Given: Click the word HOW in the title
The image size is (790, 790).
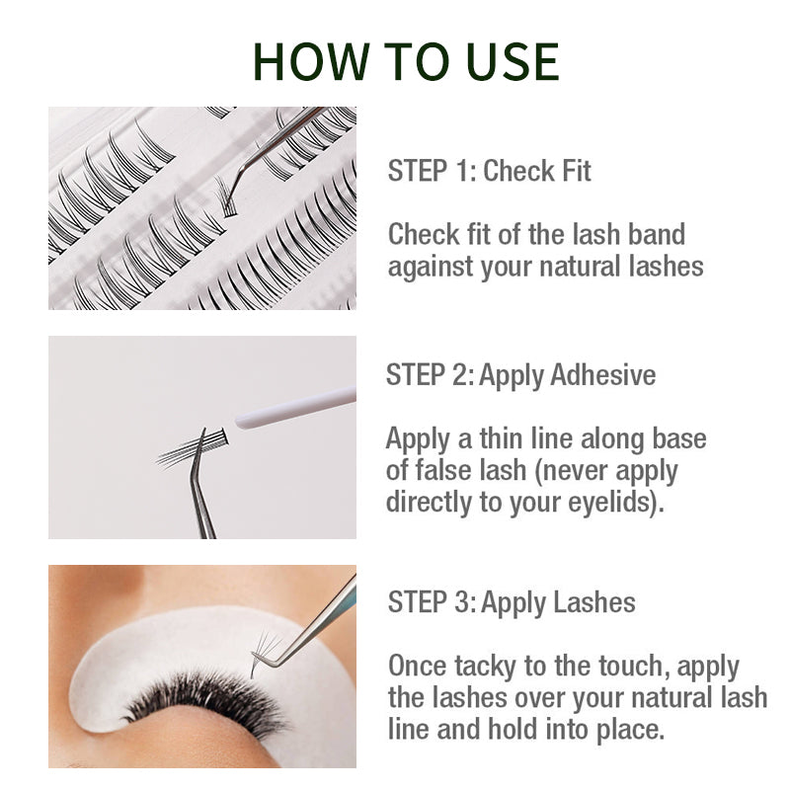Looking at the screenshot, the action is tap(311, 61).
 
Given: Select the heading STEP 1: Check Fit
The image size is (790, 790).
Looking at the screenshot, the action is tap(489, 170).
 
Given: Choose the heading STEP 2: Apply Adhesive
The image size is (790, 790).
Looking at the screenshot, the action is tap(521, 375).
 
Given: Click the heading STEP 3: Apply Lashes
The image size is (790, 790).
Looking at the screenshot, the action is tap(512, 602).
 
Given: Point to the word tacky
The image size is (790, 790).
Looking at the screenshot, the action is tap(485, 667).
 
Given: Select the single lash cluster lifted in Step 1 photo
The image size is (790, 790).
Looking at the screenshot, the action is tap(225, 197).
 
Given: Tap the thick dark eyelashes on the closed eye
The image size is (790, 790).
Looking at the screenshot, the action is tap(206, 698).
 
